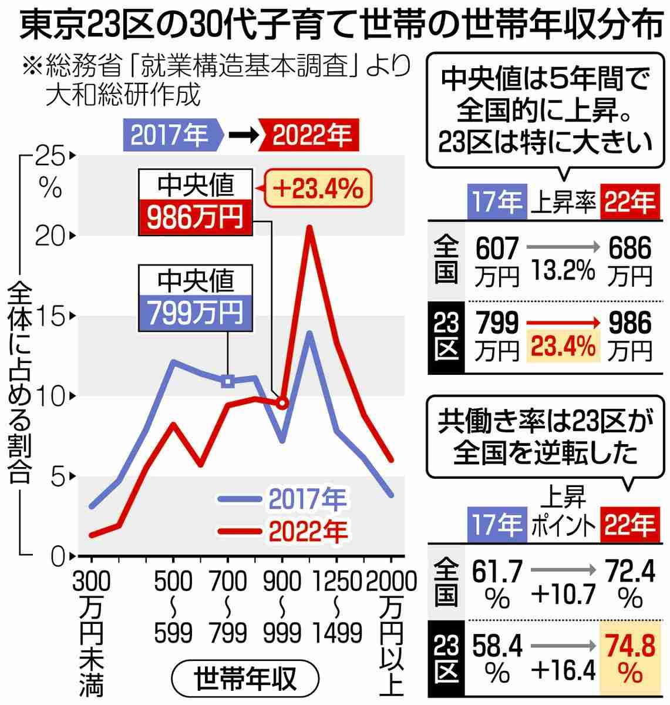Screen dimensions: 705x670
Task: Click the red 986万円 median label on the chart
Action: pos(195,217)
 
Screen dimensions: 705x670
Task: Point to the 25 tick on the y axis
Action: pos(50,156)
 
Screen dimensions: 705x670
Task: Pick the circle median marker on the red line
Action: pos(282,403)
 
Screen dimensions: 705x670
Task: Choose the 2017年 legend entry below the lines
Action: pos(282,499)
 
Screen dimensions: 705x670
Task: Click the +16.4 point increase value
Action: pos(563,668)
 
